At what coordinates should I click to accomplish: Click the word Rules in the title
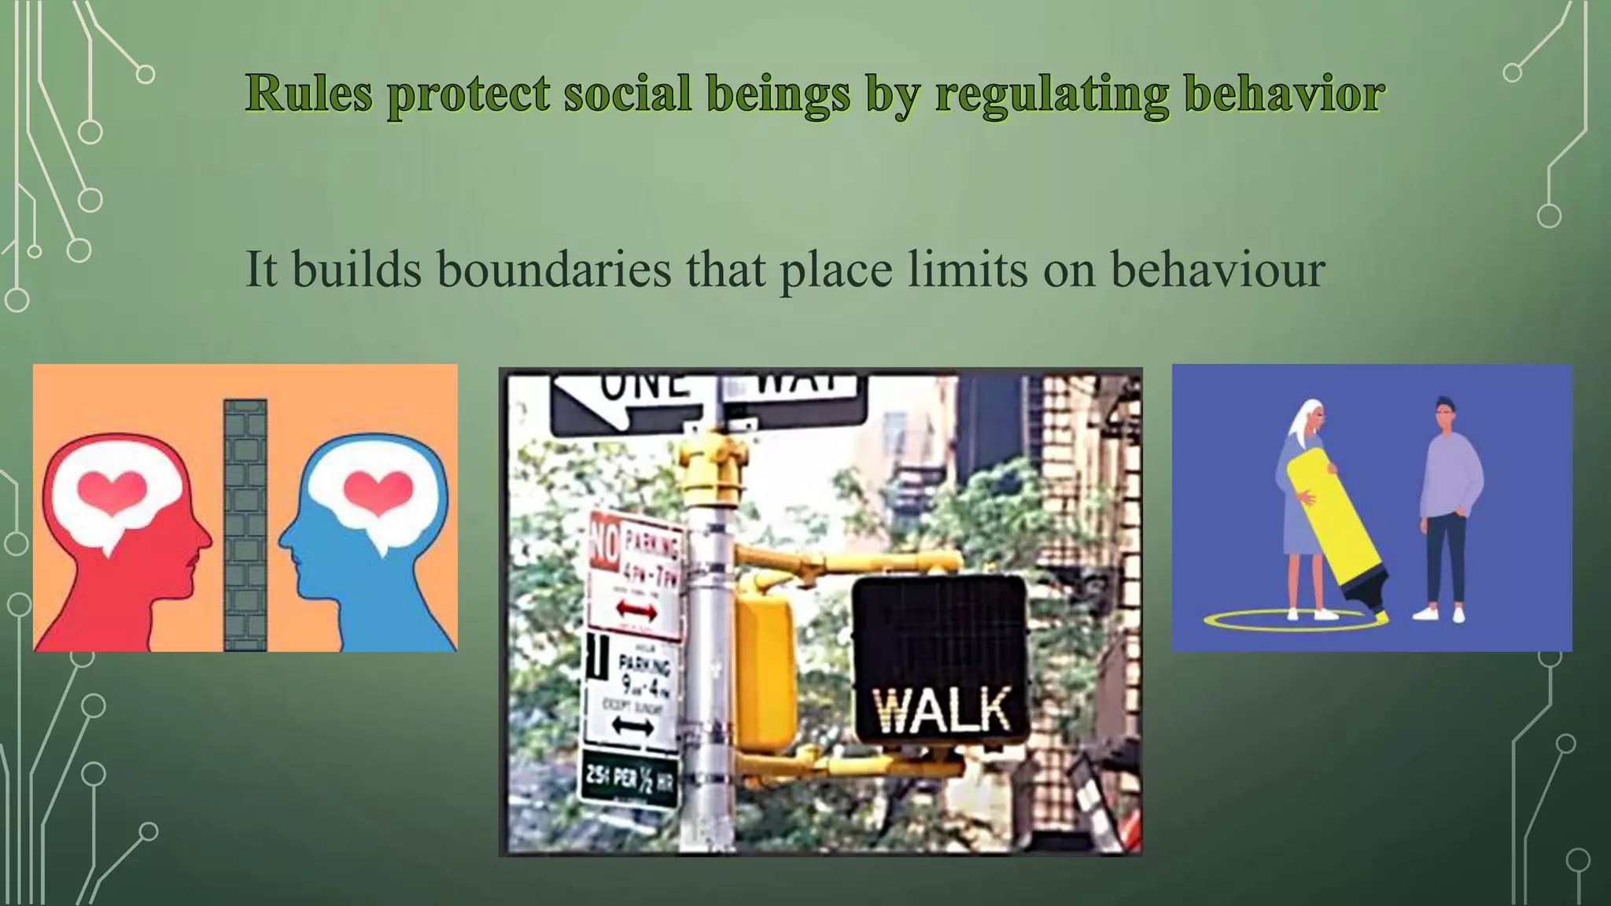tap(308, 94)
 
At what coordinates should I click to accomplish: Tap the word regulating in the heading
tap(1052, 95)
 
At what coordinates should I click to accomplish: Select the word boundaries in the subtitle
tap(554, 270)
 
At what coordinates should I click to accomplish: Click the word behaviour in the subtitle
tap(1217, 270)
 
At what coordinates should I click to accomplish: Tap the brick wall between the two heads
tap(245, 525)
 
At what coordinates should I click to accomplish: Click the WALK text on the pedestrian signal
tap(942, 710)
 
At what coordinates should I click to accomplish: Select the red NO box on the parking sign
tap(605, 540)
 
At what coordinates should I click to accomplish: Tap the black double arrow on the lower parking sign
tap(632, 725)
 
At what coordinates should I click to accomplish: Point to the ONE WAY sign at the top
tap(708, 401)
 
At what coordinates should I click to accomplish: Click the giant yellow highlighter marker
tap(1337, 535)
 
